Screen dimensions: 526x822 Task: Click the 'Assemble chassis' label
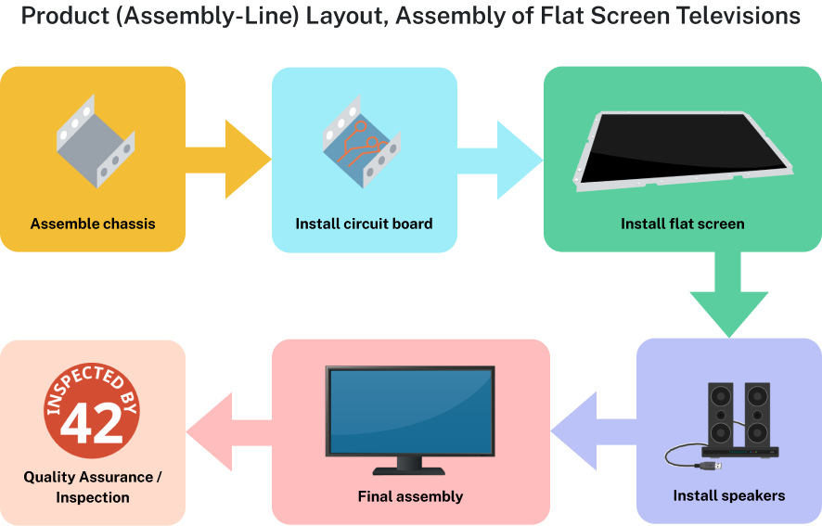[x=93, y=224]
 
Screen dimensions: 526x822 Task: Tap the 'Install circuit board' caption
[x=364, y=224]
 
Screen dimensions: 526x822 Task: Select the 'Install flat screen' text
[x=682, y=224]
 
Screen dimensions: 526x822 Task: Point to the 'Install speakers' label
[x=728, y=495]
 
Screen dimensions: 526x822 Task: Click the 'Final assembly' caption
[x=410, y=496]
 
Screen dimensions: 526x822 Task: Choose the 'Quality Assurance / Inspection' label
[x=93, y=487]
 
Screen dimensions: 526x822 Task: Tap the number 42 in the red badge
[x=92, y=422]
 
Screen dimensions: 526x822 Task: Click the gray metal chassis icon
[x=93, y=144]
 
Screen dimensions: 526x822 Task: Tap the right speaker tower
[x=756, y=413]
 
